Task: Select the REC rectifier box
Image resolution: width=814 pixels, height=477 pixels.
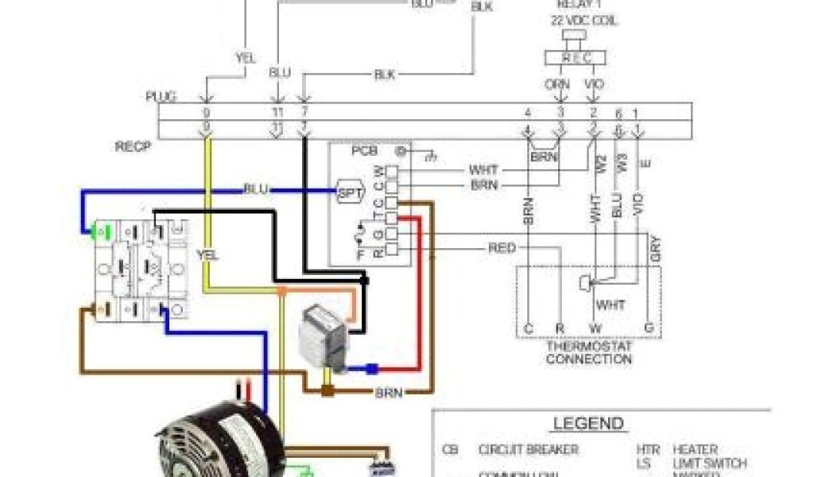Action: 577,57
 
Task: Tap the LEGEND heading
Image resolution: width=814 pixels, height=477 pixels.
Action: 589,424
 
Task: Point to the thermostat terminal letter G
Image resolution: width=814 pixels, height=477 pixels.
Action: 649,328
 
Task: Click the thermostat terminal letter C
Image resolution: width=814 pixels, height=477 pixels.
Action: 528,328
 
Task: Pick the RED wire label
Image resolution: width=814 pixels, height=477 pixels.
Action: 502,249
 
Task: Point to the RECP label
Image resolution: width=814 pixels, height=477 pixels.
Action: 133,147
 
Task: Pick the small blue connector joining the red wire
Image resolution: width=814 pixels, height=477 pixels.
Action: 371,368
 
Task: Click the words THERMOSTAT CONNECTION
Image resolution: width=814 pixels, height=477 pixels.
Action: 589,353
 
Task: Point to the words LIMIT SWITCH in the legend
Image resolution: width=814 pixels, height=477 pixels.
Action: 710,463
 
